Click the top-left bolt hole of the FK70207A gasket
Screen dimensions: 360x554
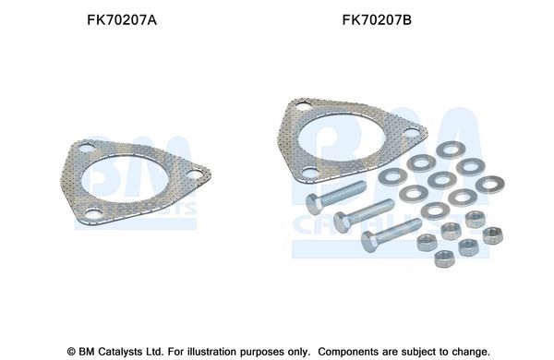coord(82,154)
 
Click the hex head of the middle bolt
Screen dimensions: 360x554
coord(343,220)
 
